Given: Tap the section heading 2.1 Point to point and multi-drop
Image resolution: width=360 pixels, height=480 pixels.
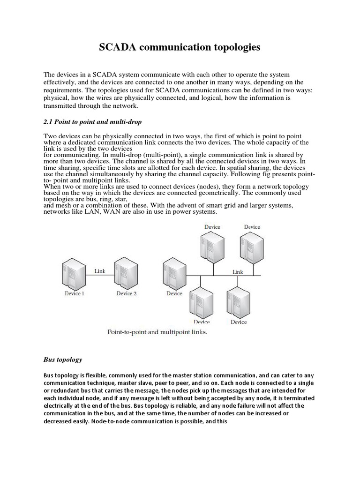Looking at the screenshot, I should tap(89, 122).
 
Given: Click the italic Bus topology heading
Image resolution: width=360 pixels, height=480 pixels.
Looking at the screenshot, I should tap(63, 360).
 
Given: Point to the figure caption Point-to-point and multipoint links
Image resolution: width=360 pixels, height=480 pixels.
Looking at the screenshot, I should tap(157, 332).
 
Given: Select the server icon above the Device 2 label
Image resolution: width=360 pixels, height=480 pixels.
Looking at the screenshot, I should tap(127, 273).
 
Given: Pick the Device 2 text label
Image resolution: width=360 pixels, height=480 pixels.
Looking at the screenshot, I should tap(127, 293).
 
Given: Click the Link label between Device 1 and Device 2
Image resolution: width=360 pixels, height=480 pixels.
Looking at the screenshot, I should tap(100, 270).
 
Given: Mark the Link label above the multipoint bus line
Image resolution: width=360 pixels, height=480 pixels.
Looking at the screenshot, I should tap(238, 272).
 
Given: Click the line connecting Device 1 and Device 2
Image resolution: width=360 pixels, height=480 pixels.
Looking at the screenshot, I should tap(100, 275).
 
